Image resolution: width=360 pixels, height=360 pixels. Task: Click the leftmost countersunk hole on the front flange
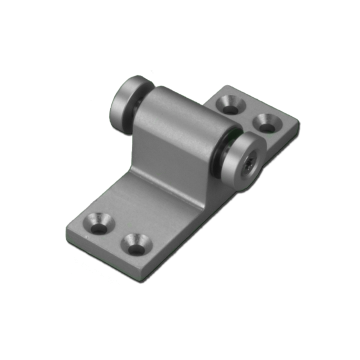[x=100, y=219]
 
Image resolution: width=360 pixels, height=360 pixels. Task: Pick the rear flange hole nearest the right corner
[x=267, y=123]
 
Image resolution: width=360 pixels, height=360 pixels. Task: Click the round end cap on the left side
[x=127, y=100]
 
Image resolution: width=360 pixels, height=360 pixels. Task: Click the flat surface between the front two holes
[x=118, y=231]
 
